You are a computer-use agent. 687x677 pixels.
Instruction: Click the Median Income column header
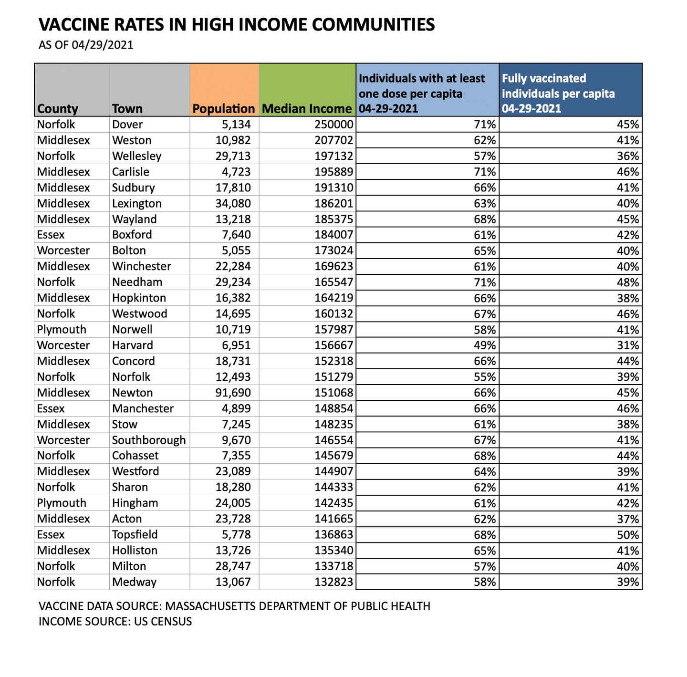[307, 109]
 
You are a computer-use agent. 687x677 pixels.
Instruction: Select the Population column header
[223, 109]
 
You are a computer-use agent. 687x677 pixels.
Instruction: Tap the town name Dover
[127, 125]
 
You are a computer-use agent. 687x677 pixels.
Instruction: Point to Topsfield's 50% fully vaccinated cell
[628, 535]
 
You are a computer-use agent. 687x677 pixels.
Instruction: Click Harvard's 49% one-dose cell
[485, 345]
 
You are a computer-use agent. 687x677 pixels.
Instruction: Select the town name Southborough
[149, 440]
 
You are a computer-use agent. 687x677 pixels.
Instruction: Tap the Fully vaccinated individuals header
[558, 93]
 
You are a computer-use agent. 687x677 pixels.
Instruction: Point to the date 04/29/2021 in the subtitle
[103, 45]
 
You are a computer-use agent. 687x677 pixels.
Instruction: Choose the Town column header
[127, 109]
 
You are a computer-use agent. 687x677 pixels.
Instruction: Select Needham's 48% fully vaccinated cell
[628, 282]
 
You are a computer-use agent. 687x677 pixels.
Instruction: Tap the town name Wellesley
[137, 156]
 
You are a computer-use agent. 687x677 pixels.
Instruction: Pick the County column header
[57, 109]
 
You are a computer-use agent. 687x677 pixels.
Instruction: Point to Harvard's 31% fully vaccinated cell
[628, 345]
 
